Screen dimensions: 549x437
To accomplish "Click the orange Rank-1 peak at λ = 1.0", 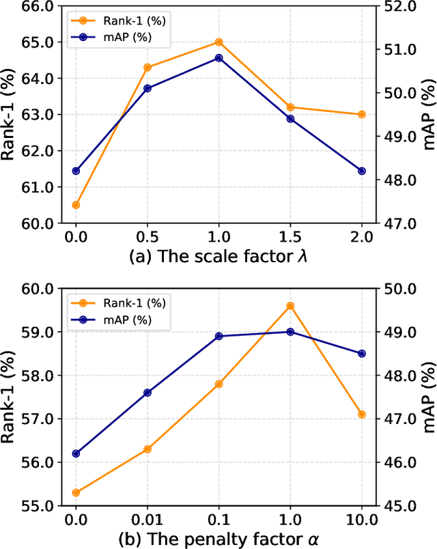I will [x=218, y=42].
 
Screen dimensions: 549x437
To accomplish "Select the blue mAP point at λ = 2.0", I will [x=361, y=171].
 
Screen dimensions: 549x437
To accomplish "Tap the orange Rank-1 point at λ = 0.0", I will [x=76, y=205].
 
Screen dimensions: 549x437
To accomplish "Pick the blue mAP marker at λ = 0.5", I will [x=147, y=88].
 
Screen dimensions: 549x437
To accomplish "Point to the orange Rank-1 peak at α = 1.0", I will [x=290, y=306].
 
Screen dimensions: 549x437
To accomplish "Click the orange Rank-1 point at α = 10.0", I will [x=361, y=414].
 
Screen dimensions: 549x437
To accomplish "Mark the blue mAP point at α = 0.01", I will [x=147, y=393].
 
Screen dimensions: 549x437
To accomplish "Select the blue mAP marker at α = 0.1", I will [x=218, y=336].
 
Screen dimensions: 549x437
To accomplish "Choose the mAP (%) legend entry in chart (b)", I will [x=120, y=320].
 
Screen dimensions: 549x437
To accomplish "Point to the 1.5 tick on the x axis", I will [x=290, y=237].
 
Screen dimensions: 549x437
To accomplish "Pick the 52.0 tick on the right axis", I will [x=394, y=6].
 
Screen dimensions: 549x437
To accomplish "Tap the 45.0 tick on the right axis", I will [x=394, y=506].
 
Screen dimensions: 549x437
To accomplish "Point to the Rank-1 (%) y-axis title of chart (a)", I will [x=10, y=115].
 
